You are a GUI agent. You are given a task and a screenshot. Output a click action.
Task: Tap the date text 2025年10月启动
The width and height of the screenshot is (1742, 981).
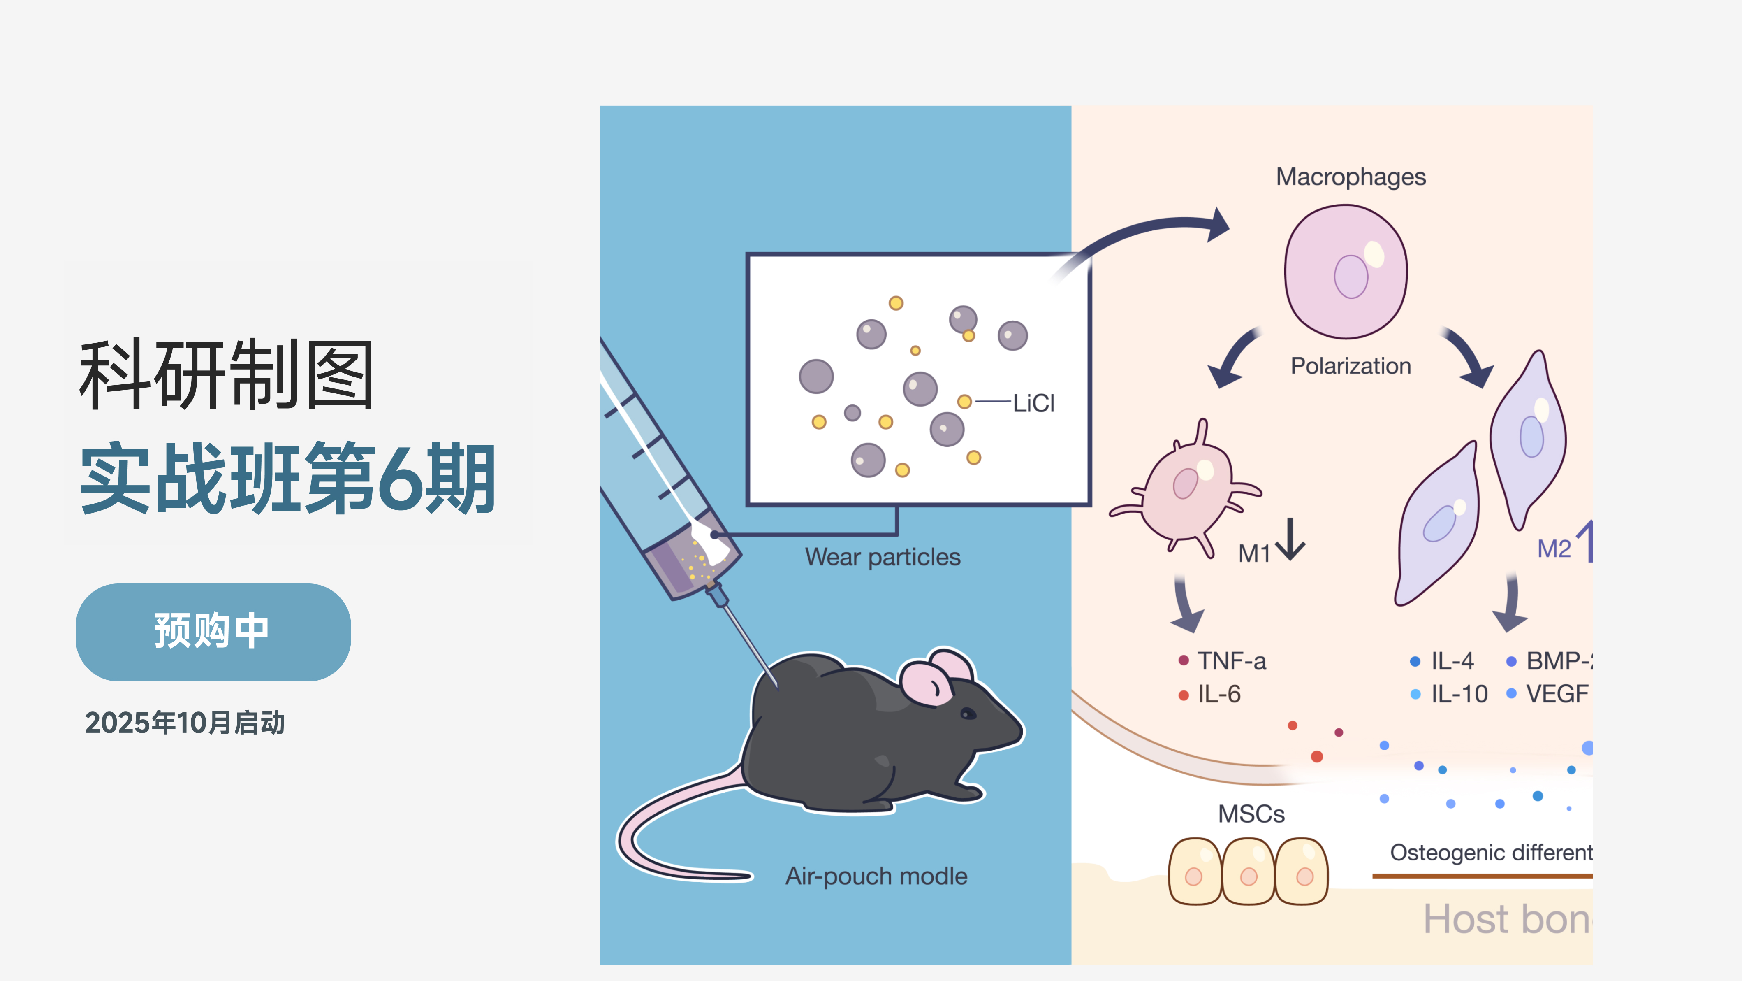pyautogui.click(x=185, y=723)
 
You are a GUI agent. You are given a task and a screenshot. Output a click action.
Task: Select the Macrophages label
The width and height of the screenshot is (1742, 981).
pyautogui.click(x=1351, y=177)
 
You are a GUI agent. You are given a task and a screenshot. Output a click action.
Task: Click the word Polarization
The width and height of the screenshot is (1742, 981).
pyautogui.click(x=1351, y=366)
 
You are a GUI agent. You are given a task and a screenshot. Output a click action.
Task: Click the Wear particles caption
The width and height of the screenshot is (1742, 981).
pyautogui.click(x=883, y=557)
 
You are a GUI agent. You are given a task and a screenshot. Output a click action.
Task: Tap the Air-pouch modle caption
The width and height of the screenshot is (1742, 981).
pyautogui.click(x=876, y=876)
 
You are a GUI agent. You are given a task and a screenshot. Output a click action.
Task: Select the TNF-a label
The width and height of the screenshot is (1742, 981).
pyautogui.click(x=1231, y=661)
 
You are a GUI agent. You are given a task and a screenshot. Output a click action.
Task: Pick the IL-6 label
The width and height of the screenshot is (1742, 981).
pyautogui.click(x=1218, y=694)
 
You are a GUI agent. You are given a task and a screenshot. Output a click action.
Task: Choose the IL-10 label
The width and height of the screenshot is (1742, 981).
pyautogui.click(x=1459, y=694)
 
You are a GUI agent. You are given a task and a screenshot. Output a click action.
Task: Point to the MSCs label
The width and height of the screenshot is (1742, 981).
pyautogui.click(x=1251, y=814)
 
